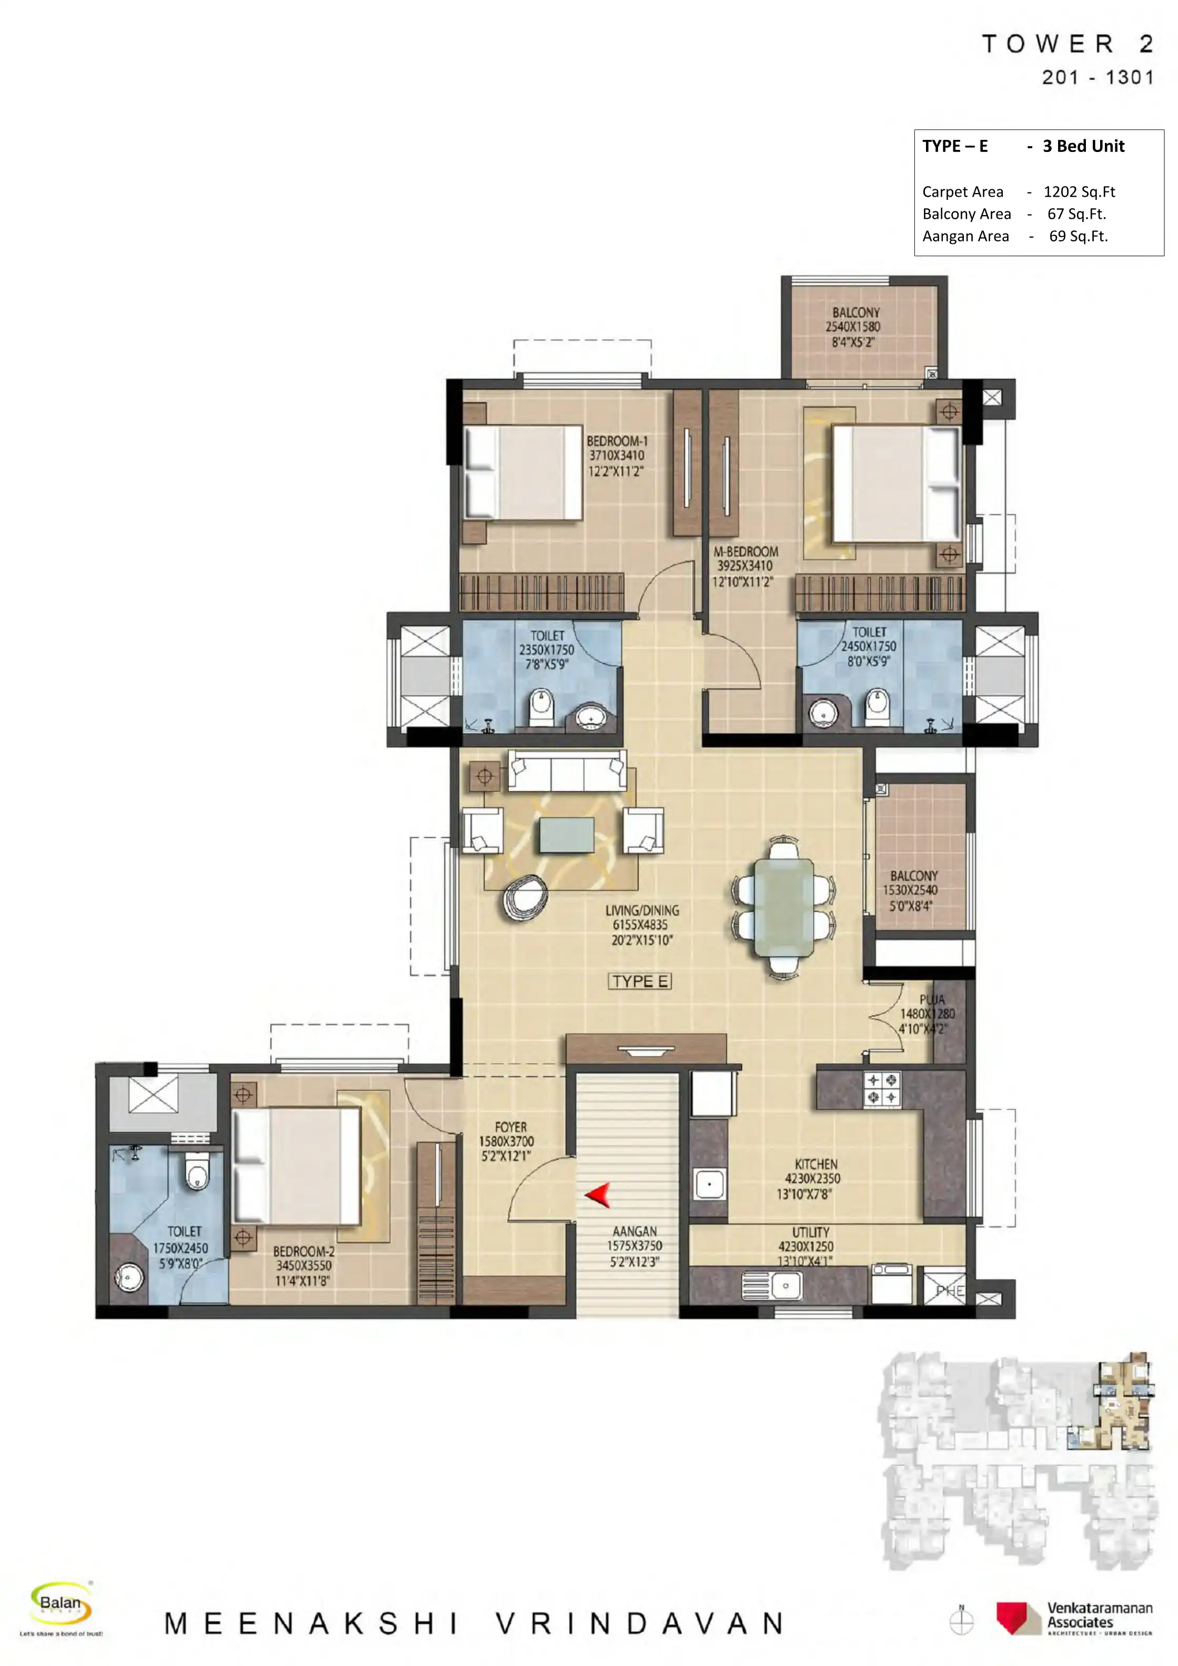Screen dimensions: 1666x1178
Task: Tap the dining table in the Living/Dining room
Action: (784, 908)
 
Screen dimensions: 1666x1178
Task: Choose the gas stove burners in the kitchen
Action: (882, 1089)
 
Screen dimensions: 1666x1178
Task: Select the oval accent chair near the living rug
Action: (524, 898)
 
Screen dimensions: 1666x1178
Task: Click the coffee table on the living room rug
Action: (567, 835)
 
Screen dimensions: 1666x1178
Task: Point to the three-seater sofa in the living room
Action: (567, 770)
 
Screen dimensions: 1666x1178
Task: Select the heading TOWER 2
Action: (1067, 44)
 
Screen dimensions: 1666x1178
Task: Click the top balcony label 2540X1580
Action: (855, 327)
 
